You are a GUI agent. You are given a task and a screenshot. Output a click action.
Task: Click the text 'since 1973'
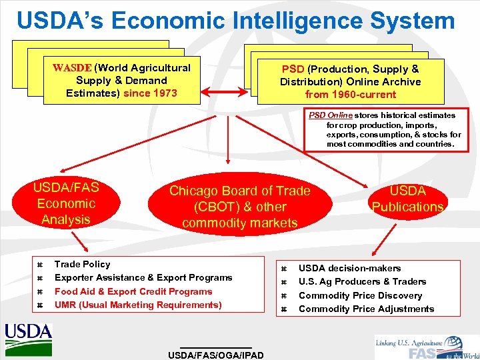coord(151,93)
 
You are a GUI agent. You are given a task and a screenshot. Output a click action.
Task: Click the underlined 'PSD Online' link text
coord(330,115)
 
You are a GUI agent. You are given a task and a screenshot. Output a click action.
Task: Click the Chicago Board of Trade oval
coord(240,207)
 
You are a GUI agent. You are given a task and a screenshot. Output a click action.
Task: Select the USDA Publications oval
coord(407,199)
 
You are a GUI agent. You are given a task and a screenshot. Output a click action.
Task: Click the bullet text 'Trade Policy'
coord(83,264)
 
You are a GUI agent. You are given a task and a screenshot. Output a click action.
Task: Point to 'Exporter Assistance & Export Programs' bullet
coord(143,277)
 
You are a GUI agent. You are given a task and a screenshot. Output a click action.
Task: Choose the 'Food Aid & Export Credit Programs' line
coord(133,291)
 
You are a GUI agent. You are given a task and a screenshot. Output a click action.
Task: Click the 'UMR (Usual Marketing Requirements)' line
coord(138,305)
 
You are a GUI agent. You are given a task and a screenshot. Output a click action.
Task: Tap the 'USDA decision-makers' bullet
coord(349,268)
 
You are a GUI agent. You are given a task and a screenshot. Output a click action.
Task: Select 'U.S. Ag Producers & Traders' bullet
coord(362,281)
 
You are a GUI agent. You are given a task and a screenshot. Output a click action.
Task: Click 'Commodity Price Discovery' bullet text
coord(360,295)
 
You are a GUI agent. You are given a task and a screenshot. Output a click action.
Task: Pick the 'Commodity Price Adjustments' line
coord(366,309)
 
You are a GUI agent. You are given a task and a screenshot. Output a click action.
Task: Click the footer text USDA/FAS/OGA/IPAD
coord(216,355)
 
